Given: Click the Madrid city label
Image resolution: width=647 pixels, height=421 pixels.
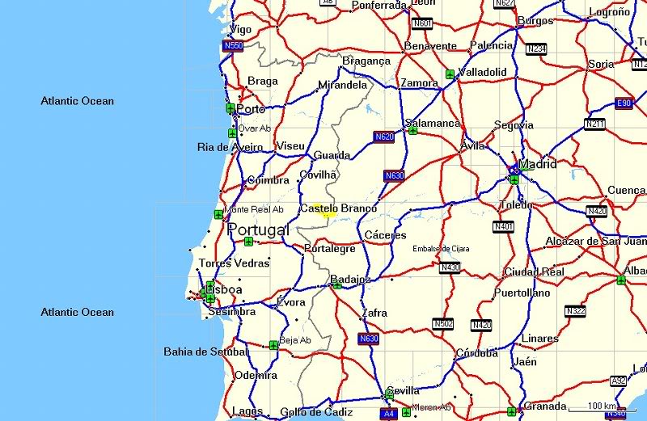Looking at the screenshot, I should click(x=538, y=164).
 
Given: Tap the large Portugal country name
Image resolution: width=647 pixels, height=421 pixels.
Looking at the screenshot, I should click(x=258, y=230).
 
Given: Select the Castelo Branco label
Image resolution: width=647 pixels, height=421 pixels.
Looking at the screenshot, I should click(x=338, y=208).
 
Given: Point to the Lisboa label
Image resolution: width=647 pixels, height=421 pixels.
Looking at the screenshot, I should click(x=224, y=289).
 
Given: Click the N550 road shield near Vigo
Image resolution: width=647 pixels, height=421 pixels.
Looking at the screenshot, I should click(x=233, y=46).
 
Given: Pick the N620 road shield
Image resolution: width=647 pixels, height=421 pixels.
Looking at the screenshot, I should click(x=384, y=137).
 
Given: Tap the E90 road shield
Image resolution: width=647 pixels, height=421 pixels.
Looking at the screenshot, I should click(x=623, y=103).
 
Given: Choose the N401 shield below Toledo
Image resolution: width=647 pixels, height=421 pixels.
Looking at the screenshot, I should click(x=503, y=227).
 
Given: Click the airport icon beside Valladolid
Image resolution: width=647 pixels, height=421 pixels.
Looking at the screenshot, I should click(x=450, y=74).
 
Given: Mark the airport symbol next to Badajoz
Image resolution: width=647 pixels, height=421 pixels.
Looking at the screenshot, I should click(x=337, y=284).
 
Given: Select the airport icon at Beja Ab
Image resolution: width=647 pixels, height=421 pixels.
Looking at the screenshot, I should click(x=273, y=345).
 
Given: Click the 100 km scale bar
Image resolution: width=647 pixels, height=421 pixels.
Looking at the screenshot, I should click(x=602, y=409).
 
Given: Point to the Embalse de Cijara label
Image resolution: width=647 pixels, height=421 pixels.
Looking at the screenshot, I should click(x=441, y=249).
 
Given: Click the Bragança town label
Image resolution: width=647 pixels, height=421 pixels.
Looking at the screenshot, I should click(x=366, y=61).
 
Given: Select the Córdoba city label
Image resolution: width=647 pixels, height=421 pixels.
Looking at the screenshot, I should click(x=476, y=353).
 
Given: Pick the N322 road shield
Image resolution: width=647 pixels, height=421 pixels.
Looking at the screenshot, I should click(x=576, y=310).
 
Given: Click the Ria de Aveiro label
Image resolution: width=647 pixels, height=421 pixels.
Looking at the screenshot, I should click(x=230, y=147).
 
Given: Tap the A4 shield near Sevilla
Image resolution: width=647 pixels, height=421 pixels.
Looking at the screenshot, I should click(x=388, y=413).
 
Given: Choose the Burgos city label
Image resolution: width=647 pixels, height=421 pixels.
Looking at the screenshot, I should click(x=535, y=20).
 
